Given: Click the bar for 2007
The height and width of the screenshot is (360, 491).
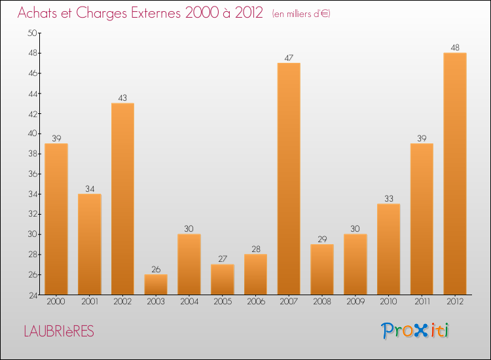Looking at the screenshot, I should pos(289,179).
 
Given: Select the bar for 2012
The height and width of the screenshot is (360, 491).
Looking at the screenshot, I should pos(455,173).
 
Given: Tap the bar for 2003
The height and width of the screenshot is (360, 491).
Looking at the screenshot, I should pos(156,284).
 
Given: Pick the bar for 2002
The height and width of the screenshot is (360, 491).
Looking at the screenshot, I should pos(122,198).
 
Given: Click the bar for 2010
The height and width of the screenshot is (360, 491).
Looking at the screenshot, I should pos(388,249).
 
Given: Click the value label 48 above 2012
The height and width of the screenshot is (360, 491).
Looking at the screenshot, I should pos(455,48).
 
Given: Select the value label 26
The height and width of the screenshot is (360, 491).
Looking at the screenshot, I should pos(156,269).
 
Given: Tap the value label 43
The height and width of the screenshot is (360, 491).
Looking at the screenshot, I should pos(122,98).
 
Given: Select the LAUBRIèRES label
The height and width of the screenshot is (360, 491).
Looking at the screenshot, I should pos(59,332).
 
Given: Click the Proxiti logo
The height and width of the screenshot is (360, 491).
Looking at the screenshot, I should pos(415,331).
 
